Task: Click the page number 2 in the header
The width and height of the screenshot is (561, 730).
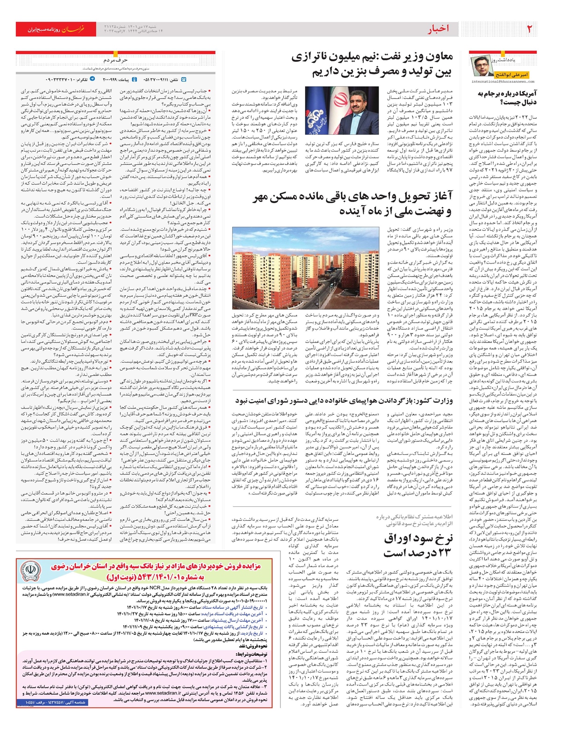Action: [530, 29]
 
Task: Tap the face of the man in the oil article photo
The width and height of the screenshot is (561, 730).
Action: [359, 102]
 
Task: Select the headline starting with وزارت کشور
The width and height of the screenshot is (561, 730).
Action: [344, 401]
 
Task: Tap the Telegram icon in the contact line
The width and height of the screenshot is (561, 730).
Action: [92, 80]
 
